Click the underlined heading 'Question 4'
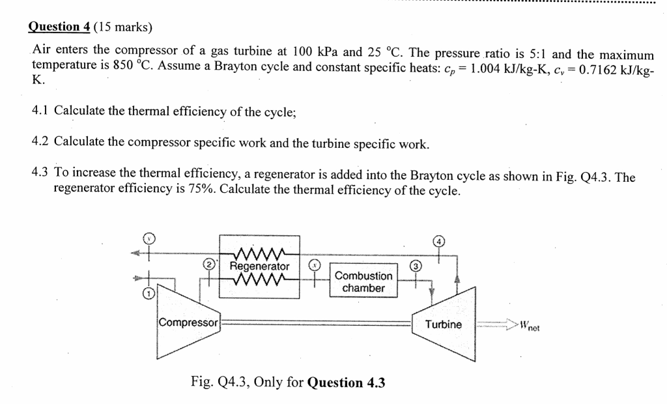(x=60, y=27)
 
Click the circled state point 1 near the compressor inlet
(x=149, y=295)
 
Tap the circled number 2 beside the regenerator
(x=209, y=265)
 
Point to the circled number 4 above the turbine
(x=440, y=240)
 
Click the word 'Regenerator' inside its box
(x=260, y=267)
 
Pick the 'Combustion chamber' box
(x=363, y=281)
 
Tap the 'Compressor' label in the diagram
(x=189, y=323)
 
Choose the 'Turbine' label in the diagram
(x=443, y=324)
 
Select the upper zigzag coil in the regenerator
(x=260, y=253)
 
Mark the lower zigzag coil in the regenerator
(x=260, y=279)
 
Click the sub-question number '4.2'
(x=40, y=142)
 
